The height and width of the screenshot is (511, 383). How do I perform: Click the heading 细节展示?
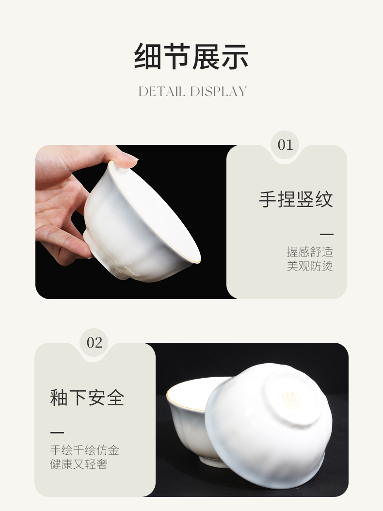pyautogui.click(x=191, y=56)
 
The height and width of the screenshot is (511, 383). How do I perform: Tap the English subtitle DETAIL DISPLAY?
pyautogui.click(x=192, y=92)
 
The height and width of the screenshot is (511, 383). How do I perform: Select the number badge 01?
pyautogui.click(x=285, y=145)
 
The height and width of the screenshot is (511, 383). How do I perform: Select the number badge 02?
pyautogui.click(x=95, y=342)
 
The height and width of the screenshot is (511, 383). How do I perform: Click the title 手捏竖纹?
pyautogui.click(x=296, y=199)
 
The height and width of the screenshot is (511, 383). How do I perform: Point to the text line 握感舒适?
pyautogui.click(x=310, y=252)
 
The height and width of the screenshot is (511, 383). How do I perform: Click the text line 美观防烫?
pyautogui.click(x=310, y=266)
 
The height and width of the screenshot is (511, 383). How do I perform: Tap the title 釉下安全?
pyautogui.click(x=87, y=397)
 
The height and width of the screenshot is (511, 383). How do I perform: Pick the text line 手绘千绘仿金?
pyautogui.click(x=85, y=450)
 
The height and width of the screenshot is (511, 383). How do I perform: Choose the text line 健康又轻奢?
pyautogui.click(x=79, y=464)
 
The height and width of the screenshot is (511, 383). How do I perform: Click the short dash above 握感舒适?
pyautogui.click(x=327, y=234)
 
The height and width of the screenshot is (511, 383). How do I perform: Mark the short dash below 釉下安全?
pyautogui.click(x=57, y=432)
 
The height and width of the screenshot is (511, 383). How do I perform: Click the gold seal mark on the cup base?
pyautogui.click(x=292, y=400)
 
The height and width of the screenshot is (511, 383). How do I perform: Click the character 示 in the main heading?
pyautogui.click(x=235, y=56)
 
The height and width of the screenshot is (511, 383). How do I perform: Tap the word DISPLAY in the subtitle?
pyautogui.click(x=218, y=92)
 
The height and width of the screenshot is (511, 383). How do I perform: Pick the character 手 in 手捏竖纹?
pyautogui.click(x=268, y=199)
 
